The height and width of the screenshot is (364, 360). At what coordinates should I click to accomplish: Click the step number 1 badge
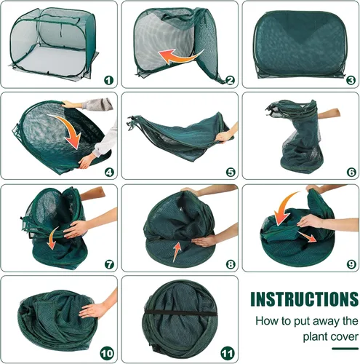click(108, 80)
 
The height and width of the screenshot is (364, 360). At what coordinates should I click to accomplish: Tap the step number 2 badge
click(230, 80)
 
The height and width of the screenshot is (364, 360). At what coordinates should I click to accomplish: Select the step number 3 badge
click(351, 80)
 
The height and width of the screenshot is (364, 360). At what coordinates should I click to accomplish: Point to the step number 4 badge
click(109, 173)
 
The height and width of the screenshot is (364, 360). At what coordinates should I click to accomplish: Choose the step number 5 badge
click(231, 173)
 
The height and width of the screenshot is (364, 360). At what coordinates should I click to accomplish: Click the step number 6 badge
click(351, 173)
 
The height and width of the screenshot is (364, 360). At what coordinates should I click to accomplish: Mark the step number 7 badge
click(109, 264)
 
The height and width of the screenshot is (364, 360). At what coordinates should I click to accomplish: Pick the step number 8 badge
click(231, 264)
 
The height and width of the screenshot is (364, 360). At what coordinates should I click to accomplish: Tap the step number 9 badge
click(351, 264)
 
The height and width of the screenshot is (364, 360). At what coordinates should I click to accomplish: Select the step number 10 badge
click(107, 354)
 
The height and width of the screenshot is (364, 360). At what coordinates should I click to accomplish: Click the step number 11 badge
click(228, 354)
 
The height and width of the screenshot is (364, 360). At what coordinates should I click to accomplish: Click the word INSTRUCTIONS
click(305, 299)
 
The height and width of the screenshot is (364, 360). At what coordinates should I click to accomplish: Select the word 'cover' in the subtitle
click(343, 337)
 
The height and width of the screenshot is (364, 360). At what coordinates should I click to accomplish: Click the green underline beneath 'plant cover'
click(345, 349)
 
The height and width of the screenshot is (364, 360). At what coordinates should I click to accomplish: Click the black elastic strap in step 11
click(180, 312)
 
